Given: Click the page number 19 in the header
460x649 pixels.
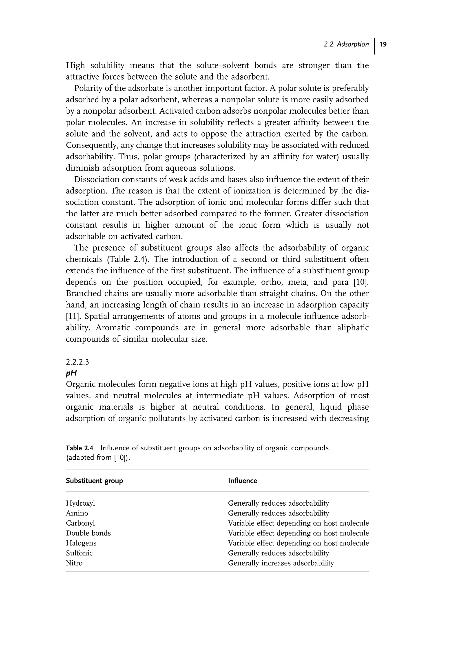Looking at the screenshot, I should (x=383, y=44).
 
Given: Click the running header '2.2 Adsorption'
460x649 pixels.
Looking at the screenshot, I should (x=346, y=44).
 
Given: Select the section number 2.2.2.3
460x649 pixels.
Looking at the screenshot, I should (x=77, y=362).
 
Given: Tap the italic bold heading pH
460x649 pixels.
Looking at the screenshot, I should (x=71, y=373).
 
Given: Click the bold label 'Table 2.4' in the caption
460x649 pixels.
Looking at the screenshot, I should (x=79, y=448).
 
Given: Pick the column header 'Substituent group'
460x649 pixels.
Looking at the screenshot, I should (x=94, y=481).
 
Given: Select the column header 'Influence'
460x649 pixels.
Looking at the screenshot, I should (x=242, y=481).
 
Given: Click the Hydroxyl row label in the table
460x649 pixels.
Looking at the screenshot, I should (x=80, y=503).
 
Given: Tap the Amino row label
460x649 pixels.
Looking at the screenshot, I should (x=77, y=513).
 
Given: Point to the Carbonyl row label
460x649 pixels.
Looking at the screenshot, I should (x=80, y=523).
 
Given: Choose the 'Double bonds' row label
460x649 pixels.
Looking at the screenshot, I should (x=88, y=533).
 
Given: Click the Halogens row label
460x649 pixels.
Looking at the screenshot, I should (x=81, y=543).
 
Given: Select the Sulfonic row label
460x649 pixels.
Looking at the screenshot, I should (x=79, y=553).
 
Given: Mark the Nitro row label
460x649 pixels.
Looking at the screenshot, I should (x=74, y=563).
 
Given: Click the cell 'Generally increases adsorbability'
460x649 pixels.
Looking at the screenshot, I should (x=281, y=563).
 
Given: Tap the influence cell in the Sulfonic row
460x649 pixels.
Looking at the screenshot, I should (x=279, y=553).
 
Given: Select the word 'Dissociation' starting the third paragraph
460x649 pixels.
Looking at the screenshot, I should (x=98, y=180).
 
